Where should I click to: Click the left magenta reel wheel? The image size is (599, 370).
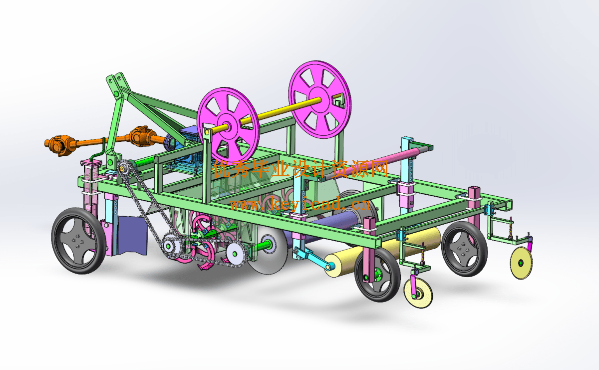click(x=228, y=125)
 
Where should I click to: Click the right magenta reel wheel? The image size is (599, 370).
click(x=320, y=99)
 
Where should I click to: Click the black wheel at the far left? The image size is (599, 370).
click(x=79, y=241)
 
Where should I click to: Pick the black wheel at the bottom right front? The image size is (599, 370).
click(x=377, y=275)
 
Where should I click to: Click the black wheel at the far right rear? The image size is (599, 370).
click(x=464, y=249)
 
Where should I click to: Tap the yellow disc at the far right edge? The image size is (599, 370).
click(x=521, y=263)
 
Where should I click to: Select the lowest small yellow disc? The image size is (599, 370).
click(x=418, y=293)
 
